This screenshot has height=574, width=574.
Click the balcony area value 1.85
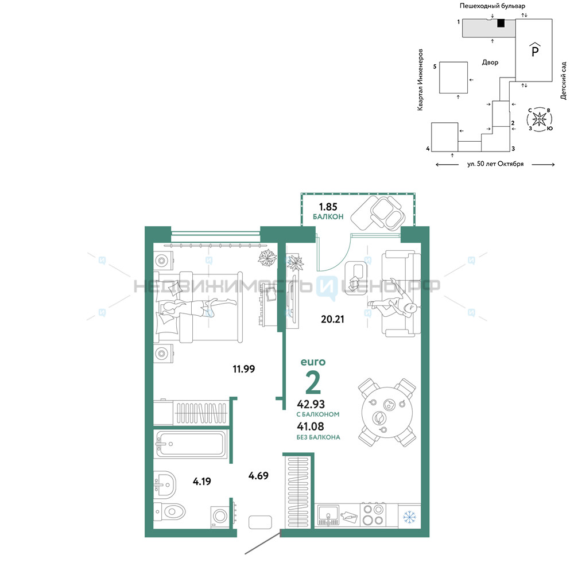pyautogui.click(x=328, y=207)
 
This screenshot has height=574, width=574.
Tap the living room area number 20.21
pyautogui.click(x=332, y=319)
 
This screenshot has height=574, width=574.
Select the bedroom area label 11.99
pyautogui.click(x=244, y=369)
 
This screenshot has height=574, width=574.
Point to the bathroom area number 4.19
pyautogui.click(x=201, y=482)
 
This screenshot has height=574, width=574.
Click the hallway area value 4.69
pyautogui.click(x=258, y=475)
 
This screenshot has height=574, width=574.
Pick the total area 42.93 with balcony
pyautogui.click(x=311, y=404)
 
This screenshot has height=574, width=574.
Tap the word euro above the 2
pyautogui.click(x=313, y=362)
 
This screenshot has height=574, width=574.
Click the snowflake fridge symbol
pyautogui.click(x=409, y=517)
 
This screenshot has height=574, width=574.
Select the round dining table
pyautogui.click(x=387, y=413)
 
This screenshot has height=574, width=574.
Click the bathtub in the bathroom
pyautogui.click(x=191, y=444)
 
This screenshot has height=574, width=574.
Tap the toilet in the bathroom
pyautogui.click(x=170, y=511)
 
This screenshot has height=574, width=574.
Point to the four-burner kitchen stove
pyautogui.click(x=373, y=514)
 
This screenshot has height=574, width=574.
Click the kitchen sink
pyautogui.click(x=328, y=515)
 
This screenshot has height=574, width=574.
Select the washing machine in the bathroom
pyautogui.click(x=219, y=517)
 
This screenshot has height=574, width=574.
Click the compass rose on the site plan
pyautogui.click(x=540, y=119)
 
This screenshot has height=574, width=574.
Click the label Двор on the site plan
pyautogui.click(x=490, y=63)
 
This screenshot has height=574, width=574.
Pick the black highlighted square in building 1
pyautogui.click(x=501, y=23)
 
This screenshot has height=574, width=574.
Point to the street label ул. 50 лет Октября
pyautogui.click(x=495, y=164)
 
